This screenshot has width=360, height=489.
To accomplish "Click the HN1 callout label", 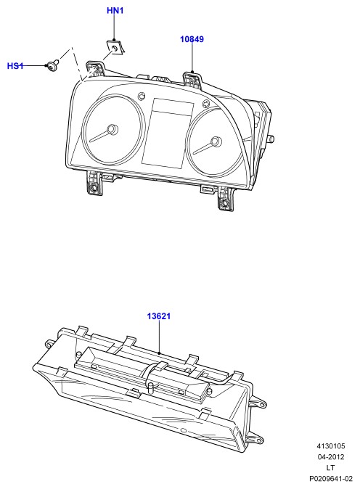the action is click(115, 11).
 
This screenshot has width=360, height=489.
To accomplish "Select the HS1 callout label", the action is click(15, 66).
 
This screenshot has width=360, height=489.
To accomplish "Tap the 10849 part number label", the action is click(192, 39).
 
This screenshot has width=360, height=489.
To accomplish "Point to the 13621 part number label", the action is click(159, 316).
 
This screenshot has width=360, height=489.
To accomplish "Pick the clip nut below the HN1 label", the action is click(115, 46).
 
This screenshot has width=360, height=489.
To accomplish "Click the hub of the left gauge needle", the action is click(112, 129).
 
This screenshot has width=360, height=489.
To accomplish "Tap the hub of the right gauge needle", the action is click(216, 142).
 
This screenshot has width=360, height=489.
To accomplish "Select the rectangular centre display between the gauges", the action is click(168, 133).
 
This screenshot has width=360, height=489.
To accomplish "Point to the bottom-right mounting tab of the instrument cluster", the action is click(225, 199).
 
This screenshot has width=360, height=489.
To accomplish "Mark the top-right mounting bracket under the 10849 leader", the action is click(192, 80).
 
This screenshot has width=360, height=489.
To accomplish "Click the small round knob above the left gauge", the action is click(142, 96).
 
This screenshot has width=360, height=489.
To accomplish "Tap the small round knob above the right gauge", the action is click(206, 104).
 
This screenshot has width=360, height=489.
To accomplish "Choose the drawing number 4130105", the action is click(331, 446).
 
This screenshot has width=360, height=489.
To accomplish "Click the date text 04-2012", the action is click(331, 457).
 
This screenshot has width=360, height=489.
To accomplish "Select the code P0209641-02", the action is click(331, 478).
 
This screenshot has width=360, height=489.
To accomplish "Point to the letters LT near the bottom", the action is click(331, 468).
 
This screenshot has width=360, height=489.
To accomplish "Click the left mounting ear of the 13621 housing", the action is click(50, 343).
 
